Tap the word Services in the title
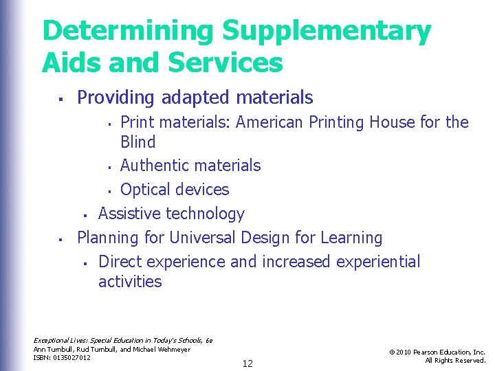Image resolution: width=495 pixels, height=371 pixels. pos(223,63)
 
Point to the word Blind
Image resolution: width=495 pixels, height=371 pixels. pos(138,142)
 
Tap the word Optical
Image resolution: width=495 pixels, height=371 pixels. pos(146,190)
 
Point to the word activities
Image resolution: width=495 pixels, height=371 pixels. pos(130,282)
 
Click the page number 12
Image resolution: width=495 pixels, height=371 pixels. pos(247,363)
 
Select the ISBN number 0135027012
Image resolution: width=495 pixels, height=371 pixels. pos(72,358)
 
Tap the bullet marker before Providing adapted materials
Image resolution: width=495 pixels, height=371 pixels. pos(60,100)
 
